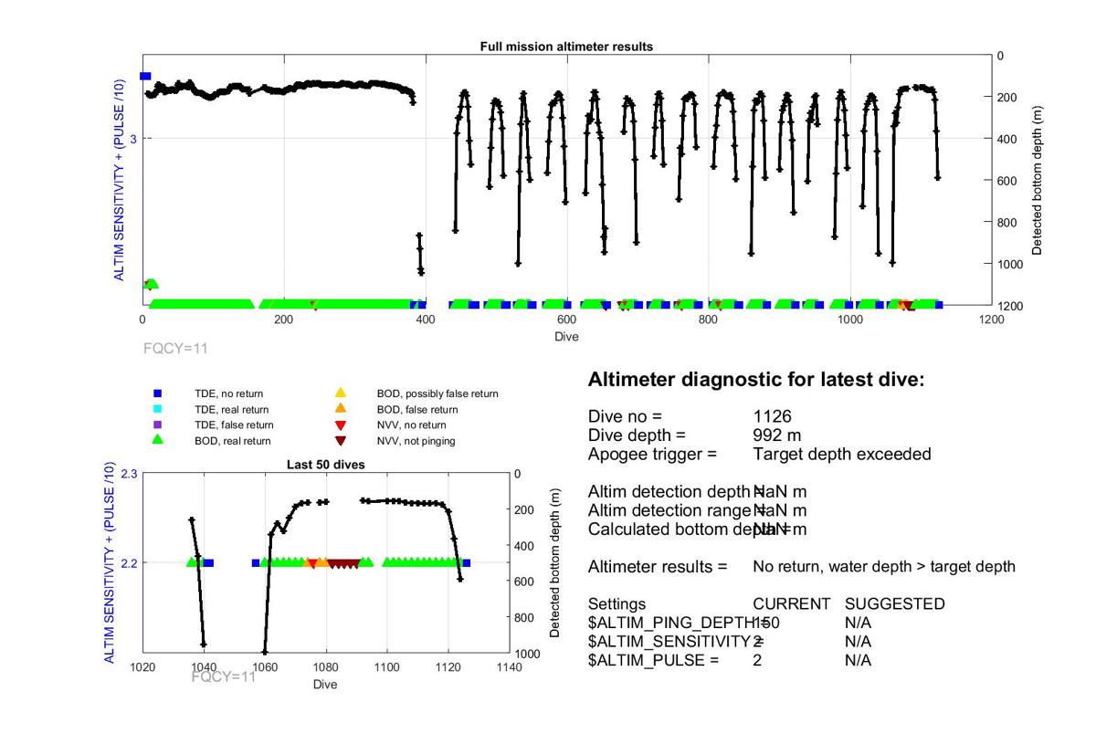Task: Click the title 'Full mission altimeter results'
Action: [x=566, y=47]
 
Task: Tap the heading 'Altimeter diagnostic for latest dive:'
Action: [x=756, y=380]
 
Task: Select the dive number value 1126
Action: [x=772, y=416]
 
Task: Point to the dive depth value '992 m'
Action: [x=778, y=435]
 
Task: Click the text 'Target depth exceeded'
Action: [x=841, y=453]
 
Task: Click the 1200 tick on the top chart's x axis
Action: [x=991, y=320]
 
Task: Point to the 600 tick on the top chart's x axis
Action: [x=566, y=320]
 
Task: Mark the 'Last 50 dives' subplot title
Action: [x=326, y=465]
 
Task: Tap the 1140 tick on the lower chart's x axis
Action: [x=509, y=667]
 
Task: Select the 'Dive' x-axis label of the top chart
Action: [x=566, y=336]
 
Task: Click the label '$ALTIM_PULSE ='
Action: [x=653, y=660]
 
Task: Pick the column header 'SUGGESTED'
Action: [x=894, y=604]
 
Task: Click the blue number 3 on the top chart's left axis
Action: [x=133, y=139]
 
